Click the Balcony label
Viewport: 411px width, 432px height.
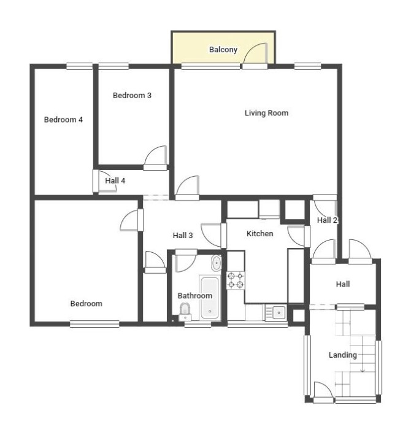pyautogui.click(x=223, y=50)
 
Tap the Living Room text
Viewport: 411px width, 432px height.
pyautogui.click(x=266, y=113)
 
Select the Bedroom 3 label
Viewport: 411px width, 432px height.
pyautogui.click(x=132, y=95)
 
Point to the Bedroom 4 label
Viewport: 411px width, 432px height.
pyautogui.click(x=63, y=120)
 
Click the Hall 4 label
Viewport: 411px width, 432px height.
pyautogui.click(x=115, y=181)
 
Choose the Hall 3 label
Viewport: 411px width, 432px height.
pyautogui.click(x=183, y=235)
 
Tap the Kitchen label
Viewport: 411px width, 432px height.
pyautogui.click(x=259, y=234)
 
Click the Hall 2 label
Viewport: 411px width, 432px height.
pyautogui.click(x=327, y=220)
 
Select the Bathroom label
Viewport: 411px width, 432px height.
pyautogui.click(x=194, y=296)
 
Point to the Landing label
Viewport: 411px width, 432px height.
pyautogui.click(x=343, y=355)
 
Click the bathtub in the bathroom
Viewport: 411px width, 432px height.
pyautogui.click(x=210, y=298)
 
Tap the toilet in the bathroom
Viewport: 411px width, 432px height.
pyautogui.click(x=185, y=312)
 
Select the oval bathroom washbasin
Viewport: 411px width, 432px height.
pyautogui.click(x=216, y=263)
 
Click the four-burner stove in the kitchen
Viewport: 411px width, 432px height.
pyautogui.click(x=236, y=280)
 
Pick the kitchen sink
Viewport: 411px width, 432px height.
pyautogui.click(x=276, y=312)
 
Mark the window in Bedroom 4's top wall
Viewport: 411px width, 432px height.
pyautogui.click(x=80, y=66)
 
